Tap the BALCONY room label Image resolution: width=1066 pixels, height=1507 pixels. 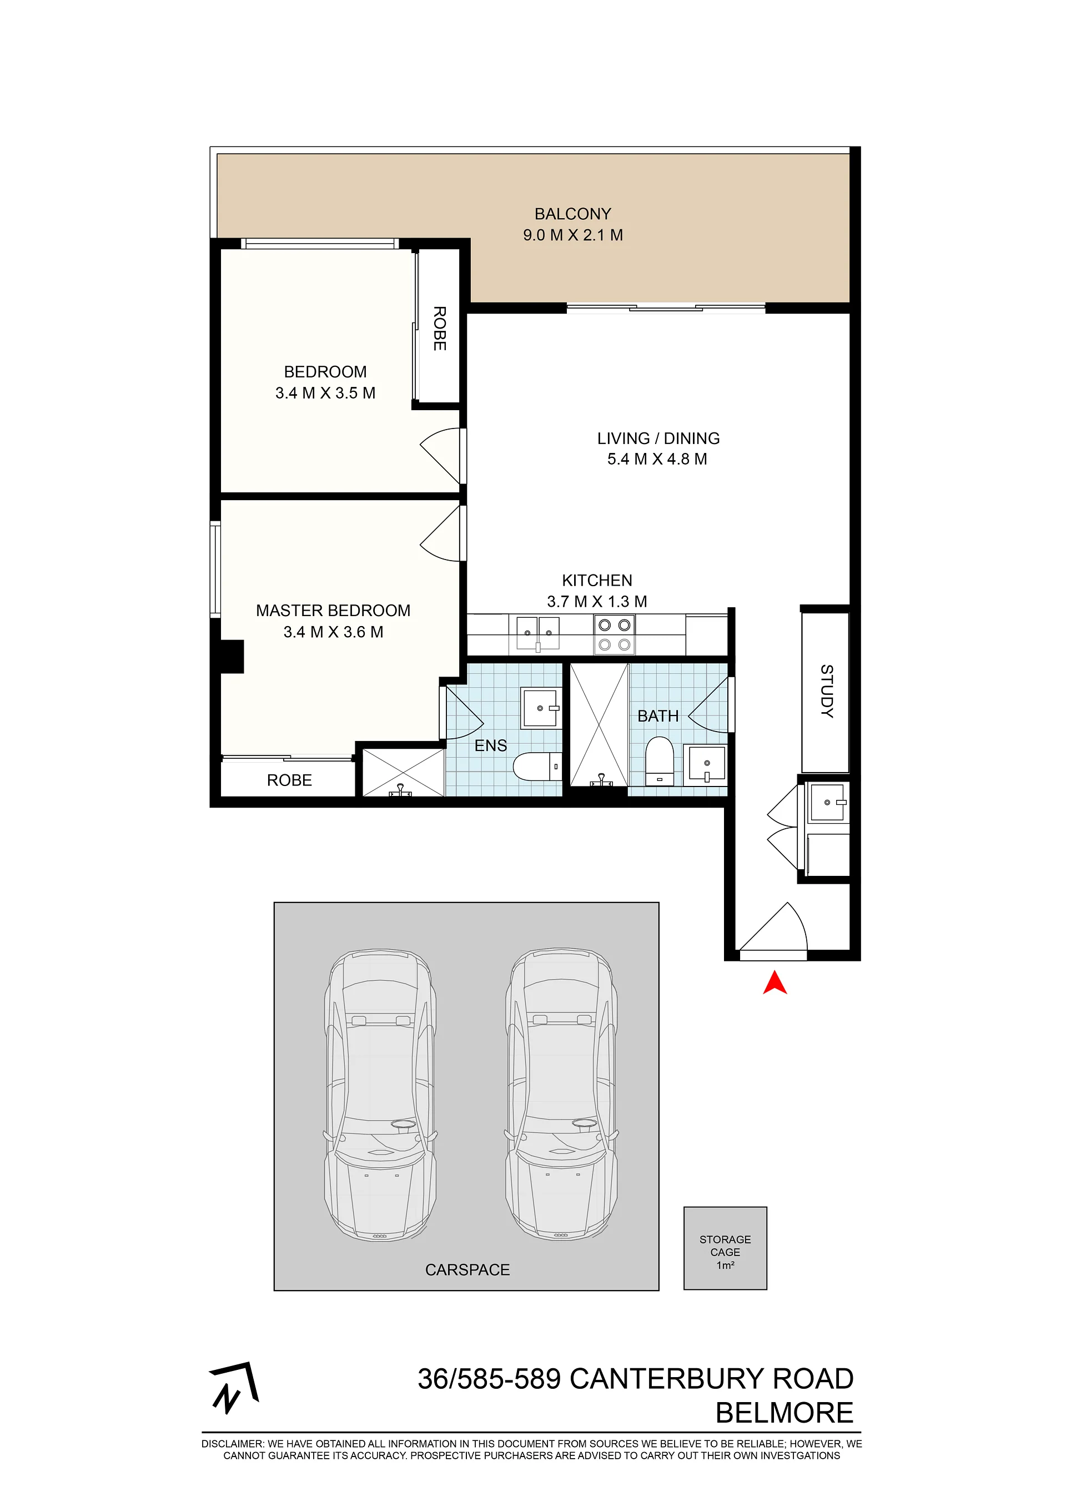point(572,214)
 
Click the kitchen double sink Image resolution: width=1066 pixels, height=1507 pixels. point(537,633)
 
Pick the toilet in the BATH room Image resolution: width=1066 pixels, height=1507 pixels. point(660,761)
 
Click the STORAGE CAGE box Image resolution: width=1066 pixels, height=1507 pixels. point(725,1248)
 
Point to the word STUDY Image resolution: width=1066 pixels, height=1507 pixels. point(826,691)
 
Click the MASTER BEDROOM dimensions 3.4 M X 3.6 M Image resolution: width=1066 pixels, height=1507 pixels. point(334,632)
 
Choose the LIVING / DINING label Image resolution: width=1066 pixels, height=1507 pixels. point(658,439)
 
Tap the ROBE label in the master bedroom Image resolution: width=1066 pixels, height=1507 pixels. point(289,780)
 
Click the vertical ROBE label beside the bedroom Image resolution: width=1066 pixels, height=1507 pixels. point(439,328)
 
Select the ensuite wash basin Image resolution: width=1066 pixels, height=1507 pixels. point(541,708)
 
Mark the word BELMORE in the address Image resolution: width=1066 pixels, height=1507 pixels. point(785,1413)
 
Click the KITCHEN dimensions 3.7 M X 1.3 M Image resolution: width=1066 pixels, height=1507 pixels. point(597,602)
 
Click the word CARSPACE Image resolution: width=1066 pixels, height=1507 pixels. point(467,1270)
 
